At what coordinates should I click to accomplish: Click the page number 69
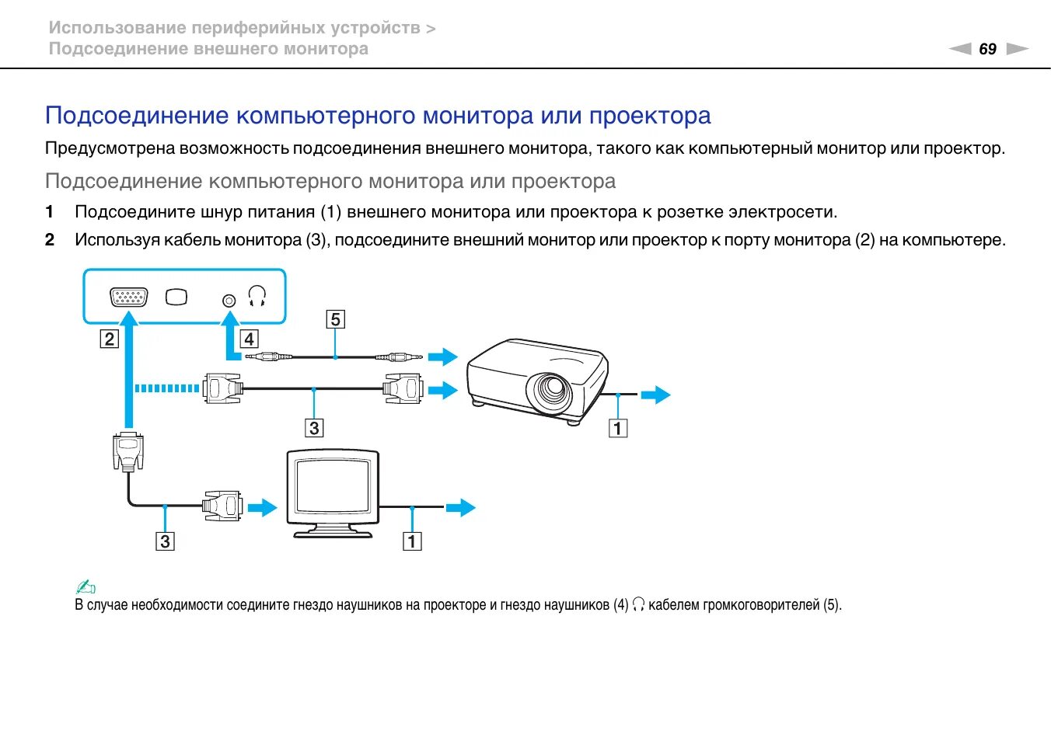987,49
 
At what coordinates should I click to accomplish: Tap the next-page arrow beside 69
1017,49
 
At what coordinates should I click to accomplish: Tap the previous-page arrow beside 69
961,49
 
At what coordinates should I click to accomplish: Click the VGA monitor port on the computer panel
129,297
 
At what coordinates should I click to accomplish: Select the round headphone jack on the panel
229,300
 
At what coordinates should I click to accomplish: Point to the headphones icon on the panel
257,296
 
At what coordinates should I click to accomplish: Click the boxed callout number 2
109,339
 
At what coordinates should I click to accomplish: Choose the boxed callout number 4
249,339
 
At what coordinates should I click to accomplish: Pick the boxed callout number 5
335,319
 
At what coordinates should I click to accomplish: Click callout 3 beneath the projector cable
314,427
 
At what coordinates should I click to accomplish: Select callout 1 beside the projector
618,428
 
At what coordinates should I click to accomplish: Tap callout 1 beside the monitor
412,541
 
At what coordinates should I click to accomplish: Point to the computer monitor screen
333,488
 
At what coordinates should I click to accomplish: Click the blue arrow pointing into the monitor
263,507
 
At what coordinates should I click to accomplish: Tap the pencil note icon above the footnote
86,587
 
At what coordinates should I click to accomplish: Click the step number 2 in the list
50,240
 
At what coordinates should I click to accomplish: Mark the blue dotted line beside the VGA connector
166,388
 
